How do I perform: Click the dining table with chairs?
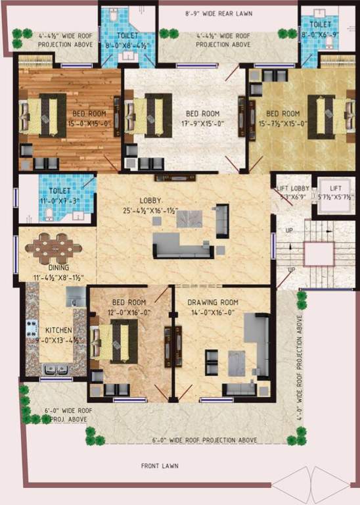54,249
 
